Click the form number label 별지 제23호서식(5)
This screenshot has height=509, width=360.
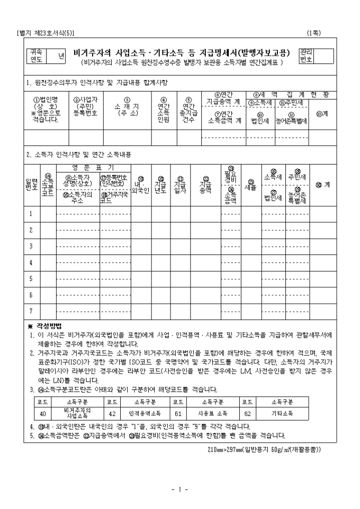(x=46, y=33)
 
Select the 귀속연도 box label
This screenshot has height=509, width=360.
(x=38, y=56)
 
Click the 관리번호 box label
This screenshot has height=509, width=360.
(x=306, y=56)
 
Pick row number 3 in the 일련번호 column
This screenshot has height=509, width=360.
(x=31, y=246)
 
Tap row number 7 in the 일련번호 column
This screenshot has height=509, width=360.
(x=31, y=311)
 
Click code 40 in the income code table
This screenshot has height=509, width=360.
(x=42, y=413)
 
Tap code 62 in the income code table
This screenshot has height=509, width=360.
(x=247, y=413)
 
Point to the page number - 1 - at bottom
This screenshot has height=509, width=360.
(x=180, y=489)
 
